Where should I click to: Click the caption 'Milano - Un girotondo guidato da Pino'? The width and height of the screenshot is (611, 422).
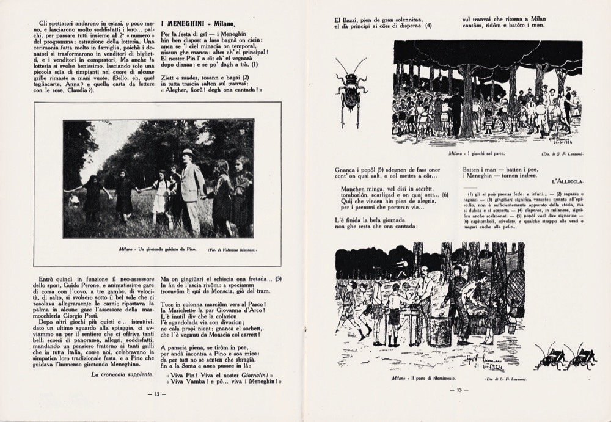pos(155,249)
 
